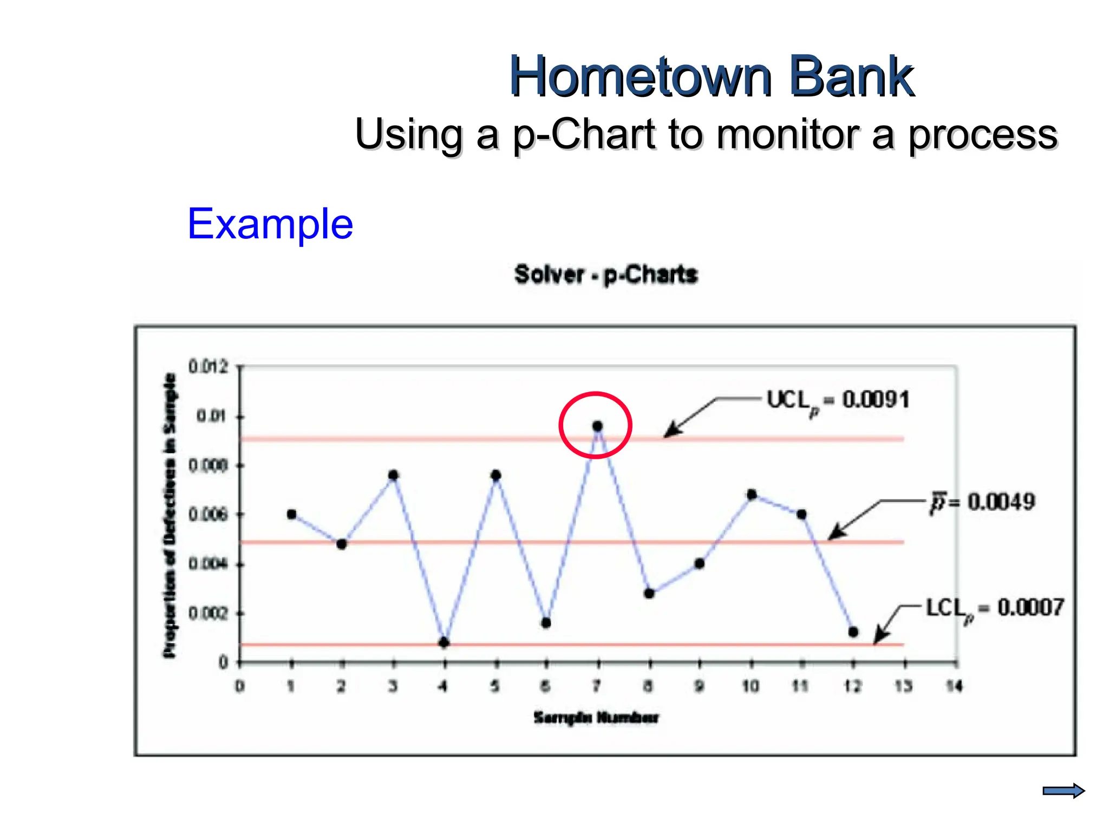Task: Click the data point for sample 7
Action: pos(597,426)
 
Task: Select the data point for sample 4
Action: pos(444,642)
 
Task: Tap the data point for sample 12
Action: pos(853,632)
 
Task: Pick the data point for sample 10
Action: pos(752,494)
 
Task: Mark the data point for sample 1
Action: pos(291,514)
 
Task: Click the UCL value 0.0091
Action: pos(876,400)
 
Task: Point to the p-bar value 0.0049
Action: pos(1001,502)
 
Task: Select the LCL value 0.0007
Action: pos(1030,607)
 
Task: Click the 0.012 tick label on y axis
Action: pos(208,367)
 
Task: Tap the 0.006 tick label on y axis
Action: pos(208,514)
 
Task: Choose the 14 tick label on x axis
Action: pos(954,686)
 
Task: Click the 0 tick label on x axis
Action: pos(239,686)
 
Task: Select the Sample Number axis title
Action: pos(596,718)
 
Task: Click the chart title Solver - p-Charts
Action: pos(606,275)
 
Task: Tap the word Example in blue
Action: pos(270,224)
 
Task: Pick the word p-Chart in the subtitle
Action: pos(584,134)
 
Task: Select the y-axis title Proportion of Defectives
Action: pos(169,515)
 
